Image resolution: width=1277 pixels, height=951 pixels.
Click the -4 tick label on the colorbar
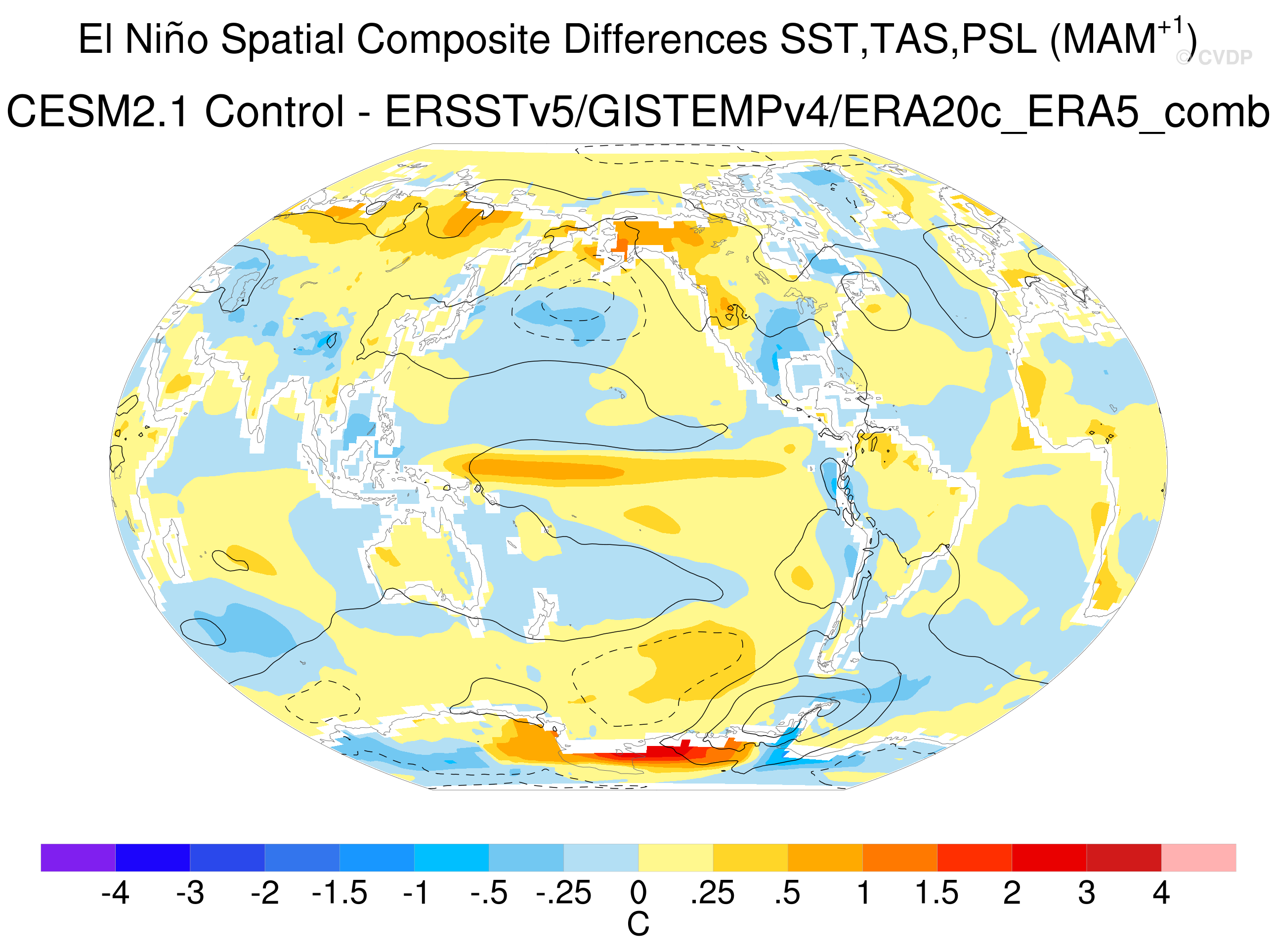click(x=115, y=893)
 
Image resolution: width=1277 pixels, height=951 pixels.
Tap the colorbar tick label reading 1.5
click(x=936, y=893)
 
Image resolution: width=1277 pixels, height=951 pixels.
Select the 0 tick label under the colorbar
click(x=638, y=893)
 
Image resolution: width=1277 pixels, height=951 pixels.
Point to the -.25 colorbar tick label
click(x=564, y=893)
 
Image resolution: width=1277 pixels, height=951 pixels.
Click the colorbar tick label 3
click(x=1086, y=893)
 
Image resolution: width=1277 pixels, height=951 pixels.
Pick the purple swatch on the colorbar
click(x=78, y=857)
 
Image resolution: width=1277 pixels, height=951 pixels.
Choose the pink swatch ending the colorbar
click(x=1199, y=857)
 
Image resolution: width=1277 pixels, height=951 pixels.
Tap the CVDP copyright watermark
click(x=1214, y=57)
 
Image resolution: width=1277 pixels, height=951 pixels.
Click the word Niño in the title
click(x=167, y=39)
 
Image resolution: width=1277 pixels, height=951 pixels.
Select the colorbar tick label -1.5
click(x=339, y=893)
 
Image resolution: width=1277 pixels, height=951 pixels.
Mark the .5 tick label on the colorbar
click(x=788, y=893)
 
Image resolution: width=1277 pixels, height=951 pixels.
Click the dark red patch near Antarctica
click(x=668, y=752)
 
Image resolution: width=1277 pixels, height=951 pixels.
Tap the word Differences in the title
click(x=665, y=39)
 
